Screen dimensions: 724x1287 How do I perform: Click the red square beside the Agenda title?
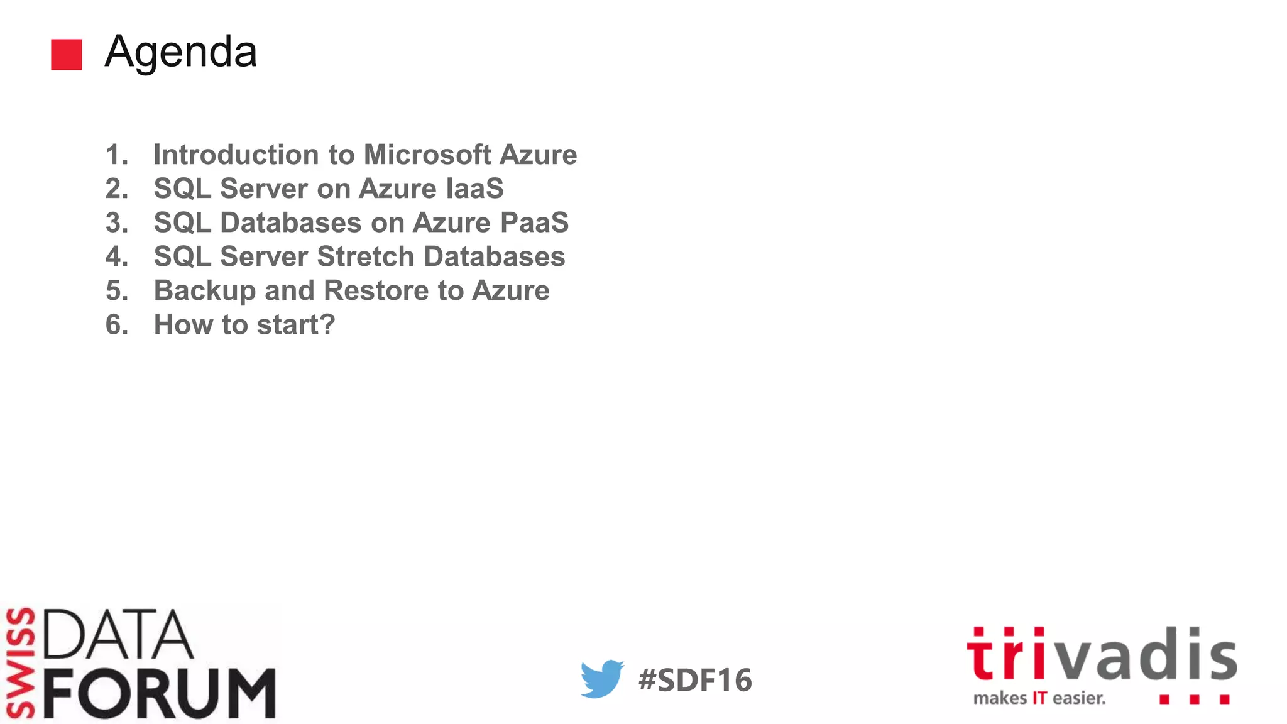66,55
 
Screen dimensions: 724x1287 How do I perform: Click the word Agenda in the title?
181,52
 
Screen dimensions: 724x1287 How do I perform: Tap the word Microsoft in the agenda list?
427,155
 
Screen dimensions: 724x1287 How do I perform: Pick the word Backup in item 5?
204,290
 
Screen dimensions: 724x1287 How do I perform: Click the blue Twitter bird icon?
601,679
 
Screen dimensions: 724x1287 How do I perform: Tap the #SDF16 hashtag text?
695,680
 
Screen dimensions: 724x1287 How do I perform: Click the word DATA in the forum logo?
118,634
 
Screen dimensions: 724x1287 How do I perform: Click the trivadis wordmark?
1102,654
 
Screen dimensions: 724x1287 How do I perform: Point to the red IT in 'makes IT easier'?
1040,698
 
